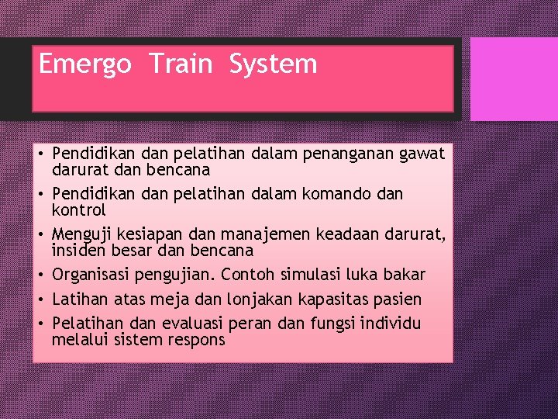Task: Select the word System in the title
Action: click(273, 64)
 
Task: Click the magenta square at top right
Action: click(514, 79)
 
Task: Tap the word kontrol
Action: click(78, 210)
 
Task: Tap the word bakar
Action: click(404, 275)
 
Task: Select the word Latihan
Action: click(81, 300)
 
